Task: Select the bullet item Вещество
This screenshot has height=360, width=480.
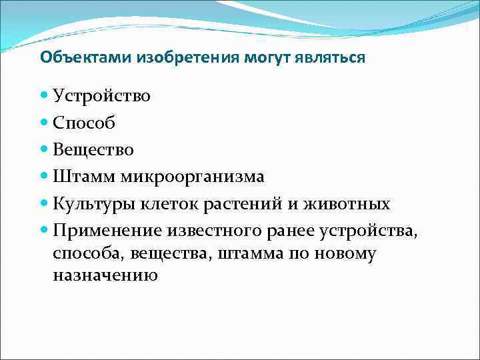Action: (x=93, y=149)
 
